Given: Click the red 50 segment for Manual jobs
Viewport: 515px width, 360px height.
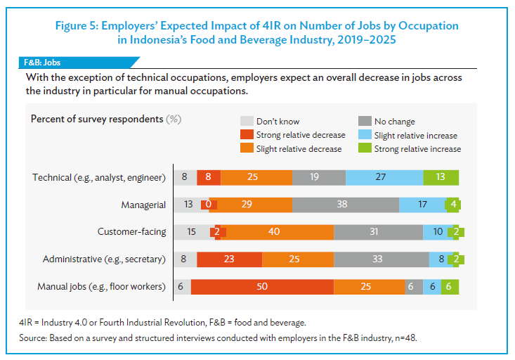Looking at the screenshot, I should pos(262,287).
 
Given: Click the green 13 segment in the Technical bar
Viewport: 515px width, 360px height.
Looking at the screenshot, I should pos(441,177).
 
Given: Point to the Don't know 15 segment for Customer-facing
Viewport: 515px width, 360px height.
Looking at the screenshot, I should pos(192,232).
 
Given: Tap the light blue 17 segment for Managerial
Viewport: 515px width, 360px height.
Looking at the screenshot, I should pos(422,205).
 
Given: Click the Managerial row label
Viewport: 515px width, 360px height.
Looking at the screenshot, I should pos(143,205).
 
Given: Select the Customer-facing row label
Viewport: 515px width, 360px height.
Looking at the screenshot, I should pos(131,232).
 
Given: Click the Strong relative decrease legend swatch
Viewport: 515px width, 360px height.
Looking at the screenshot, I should pos(246,135).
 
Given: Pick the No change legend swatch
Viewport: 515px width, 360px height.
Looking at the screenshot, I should pos(364,122).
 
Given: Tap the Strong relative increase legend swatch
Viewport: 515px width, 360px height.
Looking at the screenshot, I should pos(364,148).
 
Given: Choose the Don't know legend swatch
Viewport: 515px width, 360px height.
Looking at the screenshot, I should pos(246,122).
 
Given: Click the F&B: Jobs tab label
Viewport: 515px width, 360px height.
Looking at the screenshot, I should pos(41,63).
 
